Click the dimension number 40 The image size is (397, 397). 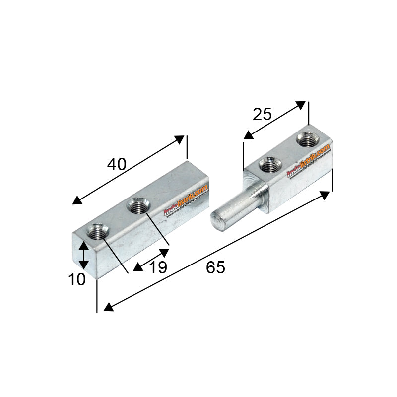click(x=117, y=164)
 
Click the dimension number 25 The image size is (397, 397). click(x=262, y=115)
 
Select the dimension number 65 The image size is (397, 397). click(x=215, y=267)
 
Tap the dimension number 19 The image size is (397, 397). click(x=158, y=267)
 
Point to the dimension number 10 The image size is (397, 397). click(x=77, y=279)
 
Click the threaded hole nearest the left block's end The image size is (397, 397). click(x=96, y=231)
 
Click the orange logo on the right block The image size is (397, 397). click(x=309, y=160)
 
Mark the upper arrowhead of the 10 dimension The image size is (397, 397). click(x=84, y=244)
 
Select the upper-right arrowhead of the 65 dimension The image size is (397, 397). click(x=325, y=195)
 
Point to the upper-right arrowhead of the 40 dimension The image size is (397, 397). click(x=179, y=139)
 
